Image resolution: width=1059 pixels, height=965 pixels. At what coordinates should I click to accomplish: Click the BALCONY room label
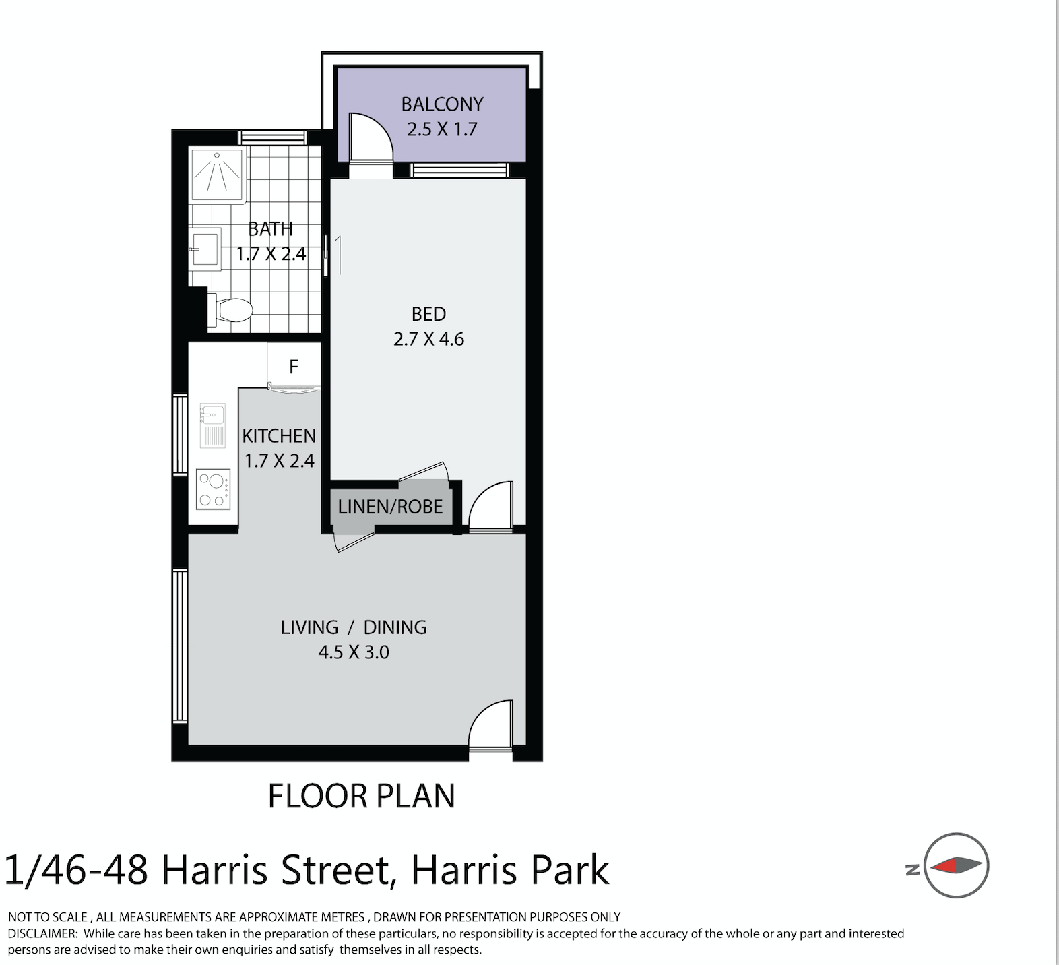click(x=442, y=104)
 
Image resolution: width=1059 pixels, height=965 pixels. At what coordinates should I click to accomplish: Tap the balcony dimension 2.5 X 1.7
click(x=442, y=129)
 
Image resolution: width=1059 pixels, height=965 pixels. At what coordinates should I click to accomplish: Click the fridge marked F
click(x=294, y=367)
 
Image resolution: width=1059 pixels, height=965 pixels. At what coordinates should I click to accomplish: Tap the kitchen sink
click(x=213, y=426)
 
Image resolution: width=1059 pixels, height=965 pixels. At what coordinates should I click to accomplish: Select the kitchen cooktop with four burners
click(x=213, y=490)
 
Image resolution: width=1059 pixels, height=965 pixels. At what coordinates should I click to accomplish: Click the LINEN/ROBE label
click(x=390, y=507)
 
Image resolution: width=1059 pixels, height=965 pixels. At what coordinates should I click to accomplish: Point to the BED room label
click(x=428, y=314)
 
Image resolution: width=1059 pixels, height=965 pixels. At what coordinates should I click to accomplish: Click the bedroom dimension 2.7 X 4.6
click(x=428, y=339)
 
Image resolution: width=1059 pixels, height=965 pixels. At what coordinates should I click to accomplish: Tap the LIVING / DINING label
click(x=354, y=627)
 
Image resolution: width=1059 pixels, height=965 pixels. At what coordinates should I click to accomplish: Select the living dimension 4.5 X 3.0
click(x=354, y=652)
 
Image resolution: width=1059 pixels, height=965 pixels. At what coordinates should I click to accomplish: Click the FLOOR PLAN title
click(x=362, y=796)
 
